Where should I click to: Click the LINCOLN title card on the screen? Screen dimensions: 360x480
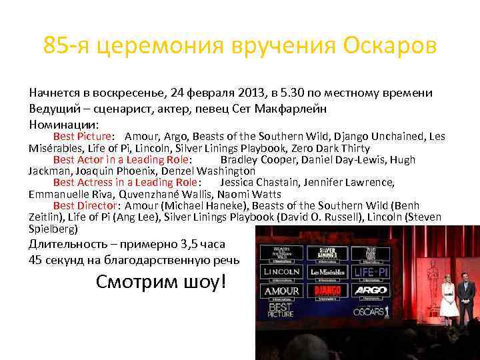[x=281, y=273]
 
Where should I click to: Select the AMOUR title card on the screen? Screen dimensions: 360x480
[x=281, y=291]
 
